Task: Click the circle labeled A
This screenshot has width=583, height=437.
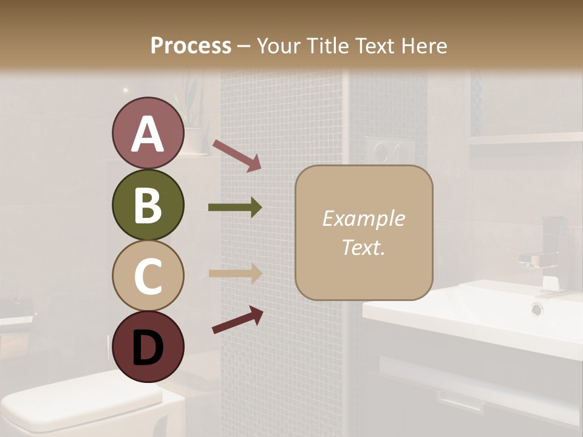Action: [x=148, y=134]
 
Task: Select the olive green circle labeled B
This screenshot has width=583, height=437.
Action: [x=148, y=205]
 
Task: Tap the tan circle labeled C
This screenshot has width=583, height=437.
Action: [x=148, y=276]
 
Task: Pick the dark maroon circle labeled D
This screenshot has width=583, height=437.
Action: [x=148, y=347]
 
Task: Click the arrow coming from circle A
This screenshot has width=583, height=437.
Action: [x=236, y=155]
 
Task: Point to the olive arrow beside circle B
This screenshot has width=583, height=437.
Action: [x=235, y=208]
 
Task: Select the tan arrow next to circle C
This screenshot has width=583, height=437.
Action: [x=235, y=274]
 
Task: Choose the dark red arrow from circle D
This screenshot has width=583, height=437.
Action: [x=237, y=320]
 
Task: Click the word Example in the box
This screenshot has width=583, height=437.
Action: [x=363, y=218]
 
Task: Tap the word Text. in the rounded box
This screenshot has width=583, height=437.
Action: [x=363, y=248]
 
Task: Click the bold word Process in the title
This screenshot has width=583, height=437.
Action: [x=191, y=46]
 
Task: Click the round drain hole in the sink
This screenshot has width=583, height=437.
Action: [x=537, y=309]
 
